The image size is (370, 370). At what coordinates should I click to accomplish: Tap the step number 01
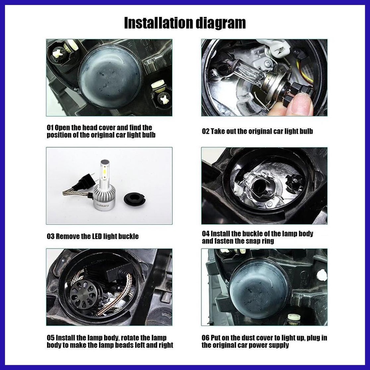tap(50, 128)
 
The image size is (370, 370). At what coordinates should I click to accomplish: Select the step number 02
tap(206, 131)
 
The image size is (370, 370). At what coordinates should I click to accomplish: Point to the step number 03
tap(51, 236)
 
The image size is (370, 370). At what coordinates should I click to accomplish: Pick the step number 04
tap(206, 234)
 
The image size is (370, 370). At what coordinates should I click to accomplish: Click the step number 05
tap(51, 338)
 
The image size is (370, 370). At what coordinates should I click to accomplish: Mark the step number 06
tap(206, 338)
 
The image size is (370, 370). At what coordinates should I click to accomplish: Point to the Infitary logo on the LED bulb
tap(103, 205)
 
